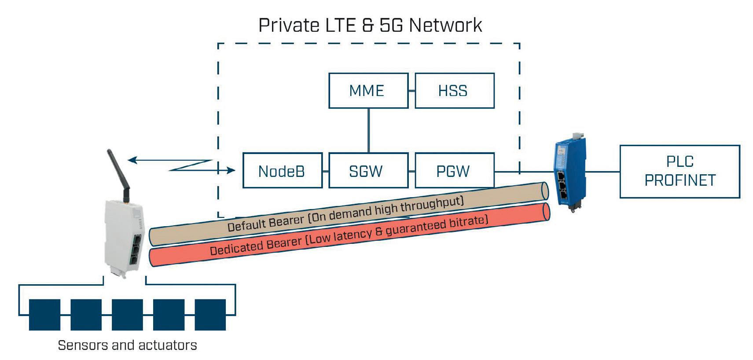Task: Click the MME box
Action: click(x=368, y=91)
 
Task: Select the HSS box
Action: click(x=454, y=91)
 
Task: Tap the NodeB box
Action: click(x=282, y=171)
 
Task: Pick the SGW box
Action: click(x=368, y=171)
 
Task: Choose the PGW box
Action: click(x=454, y=171)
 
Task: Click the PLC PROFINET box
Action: click(x=680, y=171)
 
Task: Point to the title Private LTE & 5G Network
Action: click(x=370, y=25)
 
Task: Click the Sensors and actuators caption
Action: click(x=127, y=345)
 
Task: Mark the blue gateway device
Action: click(x=570, y=174)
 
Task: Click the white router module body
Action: click(x=125, y=238)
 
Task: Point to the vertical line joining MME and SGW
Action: click(x=368, y=130)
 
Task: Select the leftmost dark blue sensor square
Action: click(x=44, y=315)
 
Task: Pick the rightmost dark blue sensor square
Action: click(x=210, y=315)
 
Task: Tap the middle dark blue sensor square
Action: click(x=127, y=315)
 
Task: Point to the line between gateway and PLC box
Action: click(x=603, y=172)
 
